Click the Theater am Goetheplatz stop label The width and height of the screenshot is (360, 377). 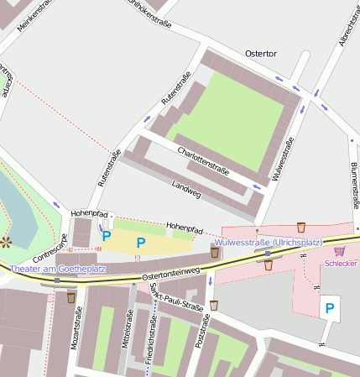[58, 268]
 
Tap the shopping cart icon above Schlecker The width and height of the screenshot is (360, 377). [340, 250]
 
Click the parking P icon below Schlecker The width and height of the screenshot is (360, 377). [329, 309]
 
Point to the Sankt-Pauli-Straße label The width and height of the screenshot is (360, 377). [176, 298]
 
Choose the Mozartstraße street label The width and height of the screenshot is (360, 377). [78, 327]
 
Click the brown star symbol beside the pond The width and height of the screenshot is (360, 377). [7, 243]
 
